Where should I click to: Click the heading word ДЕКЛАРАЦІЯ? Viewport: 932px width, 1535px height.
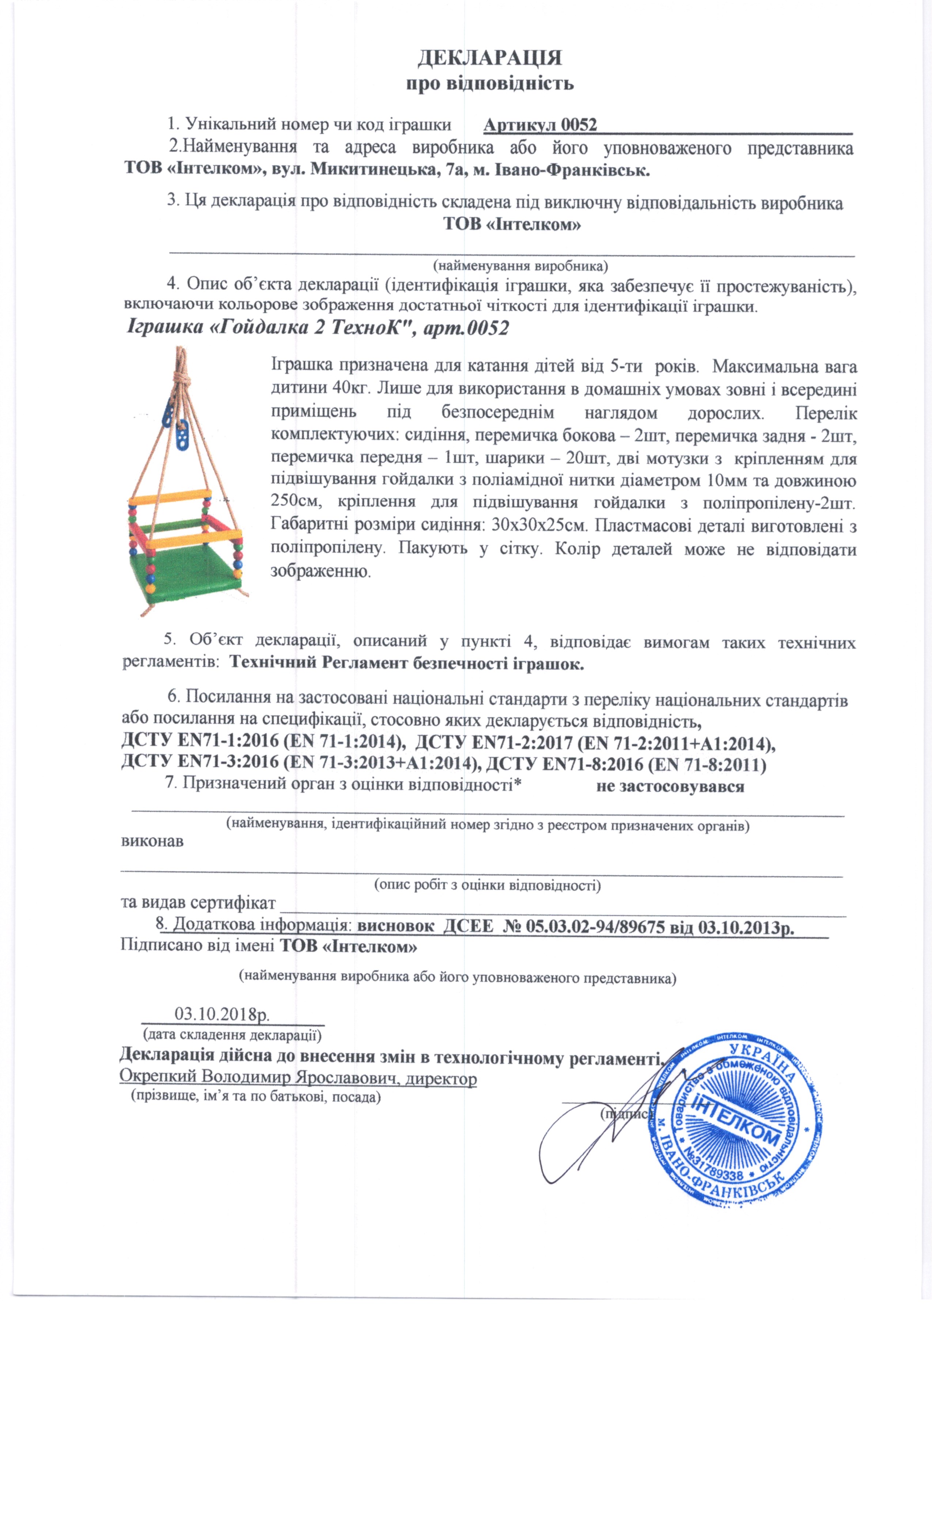(490, 58)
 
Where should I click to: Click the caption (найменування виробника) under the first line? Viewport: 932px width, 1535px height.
(520, 265)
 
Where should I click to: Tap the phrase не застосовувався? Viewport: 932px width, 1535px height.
(670, 786)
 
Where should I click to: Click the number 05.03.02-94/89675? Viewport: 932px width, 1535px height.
(596, 927)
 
